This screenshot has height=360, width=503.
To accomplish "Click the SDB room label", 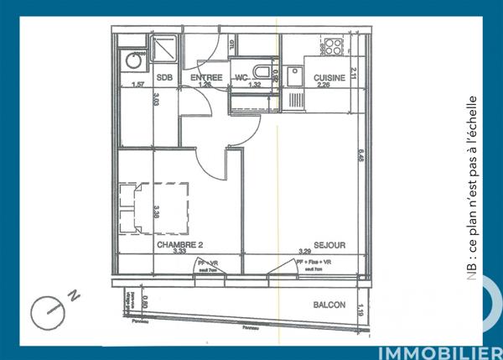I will pos(164,78).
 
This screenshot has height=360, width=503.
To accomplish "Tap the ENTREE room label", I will pos(205,78).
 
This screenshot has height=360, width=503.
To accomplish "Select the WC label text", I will pos(241,78).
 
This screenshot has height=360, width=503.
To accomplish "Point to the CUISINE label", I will pos(327,78).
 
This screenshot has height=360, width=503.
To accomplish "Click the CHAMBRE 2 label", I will pos(179,244).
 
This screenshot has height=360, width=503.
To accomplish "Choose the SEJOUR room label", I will pos(330,244).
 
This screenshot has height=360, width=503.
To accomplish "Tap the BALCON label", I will pos(329,305).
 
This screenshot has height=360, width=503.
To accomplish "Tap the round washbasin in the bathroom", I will pos(132,60).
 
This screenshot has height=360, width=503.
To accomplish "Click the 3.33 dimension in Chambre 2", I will pos(177,251).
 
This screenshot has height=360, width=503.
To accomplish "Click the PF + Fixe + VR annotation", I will pos(313,262).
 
